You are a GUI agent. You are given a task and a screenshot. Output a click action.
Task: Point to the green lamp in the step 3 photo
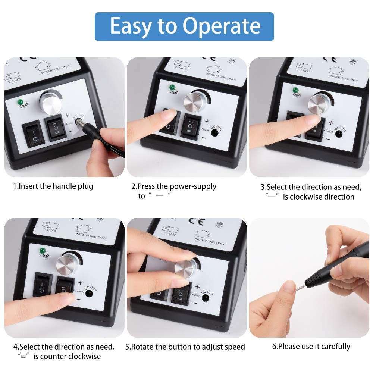pyautogui.click(x=295, y=90)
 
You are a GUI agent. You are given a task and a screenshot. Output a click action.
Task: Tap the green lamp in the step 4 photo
pyautogui.click(x=40, y=250)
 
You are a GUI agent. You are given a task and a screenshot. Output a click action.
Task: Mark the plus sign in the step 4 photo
pyautogui.click(x=79, y=282)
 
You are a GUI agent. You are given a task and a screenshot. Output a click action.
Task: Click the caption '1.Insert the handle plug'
pyautogui.click(x=53, y=186)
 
